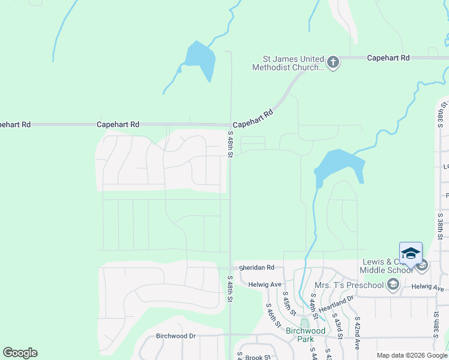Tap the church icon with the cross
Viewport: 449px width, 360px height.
coord(333,62)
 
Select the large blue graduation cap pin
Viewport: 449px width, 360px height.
coord(411,254)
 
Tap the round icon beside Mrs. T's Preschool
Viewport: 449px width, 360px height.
coord(393,284)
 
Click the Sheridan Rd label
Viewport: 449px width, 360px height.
coord(256,268)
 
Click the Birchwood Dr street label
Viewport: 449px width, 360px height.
coord(176,336)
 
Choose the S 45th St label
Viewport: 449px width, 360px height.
coord(289,304)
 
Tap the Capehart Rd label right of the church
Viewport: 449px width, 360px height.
coord(388,58)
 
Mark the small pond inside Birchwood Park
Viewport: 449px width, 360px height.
coord(304,323)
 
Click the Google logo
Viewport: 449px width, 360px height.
coord(20,353)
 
